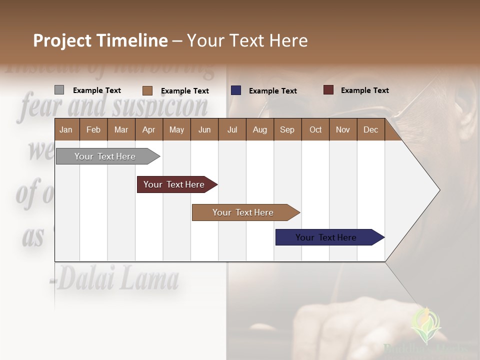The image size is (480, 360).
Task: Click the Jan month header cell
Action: coord(66,129)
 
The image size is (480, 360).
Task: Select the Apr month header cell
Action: coord(149,129)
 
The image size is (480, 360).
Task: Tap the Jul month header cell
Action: coord(232,129)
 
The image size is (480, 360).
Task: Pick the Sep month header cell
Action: coord(287,129)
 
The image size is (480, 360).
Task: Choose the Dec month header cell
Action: coord(370,129)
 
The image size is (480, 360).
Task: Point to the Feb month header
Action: coord(93,129)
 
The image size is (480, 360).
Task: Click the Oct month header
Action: coord(315,129)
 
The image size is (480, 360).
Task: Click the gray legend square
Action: coord(59,90)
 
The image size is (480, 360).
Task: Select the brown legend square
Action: coord(147,90)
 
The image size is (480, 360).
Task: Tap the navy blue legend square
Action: coord(236,90)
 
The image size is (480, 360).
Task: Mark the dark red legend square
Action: coord(328,90)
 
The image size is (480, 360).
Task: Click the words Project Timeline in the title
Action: coord(100,40)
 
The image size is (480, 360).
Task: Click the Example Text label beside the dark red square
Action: coord(364,90)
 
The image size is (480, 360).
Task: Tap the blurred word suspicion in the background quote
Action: coord(160,106)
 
